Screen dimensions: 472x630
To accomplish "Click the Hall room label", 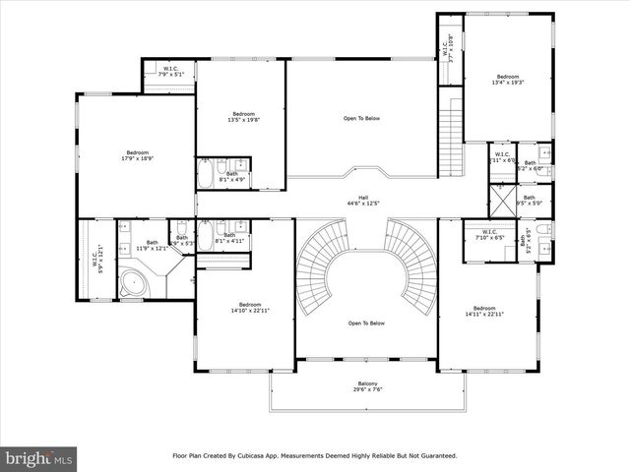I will click(363, 200).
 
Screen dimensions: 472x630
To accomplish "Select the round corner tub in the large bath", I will click(132, 284).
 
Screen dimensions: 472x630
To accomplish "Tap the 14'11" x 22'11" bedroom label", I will click(484, 311).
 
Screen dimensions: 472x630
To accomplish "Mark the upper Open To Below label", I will click(361, 119).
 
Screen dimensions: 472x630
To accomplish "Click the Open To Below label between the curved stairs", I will click(366, 324).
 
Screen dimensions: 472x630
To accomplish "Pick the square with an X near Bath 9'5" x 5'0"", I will click(501, 200).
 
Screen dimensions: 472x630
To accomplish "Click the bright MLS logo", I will click(39, 458).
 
